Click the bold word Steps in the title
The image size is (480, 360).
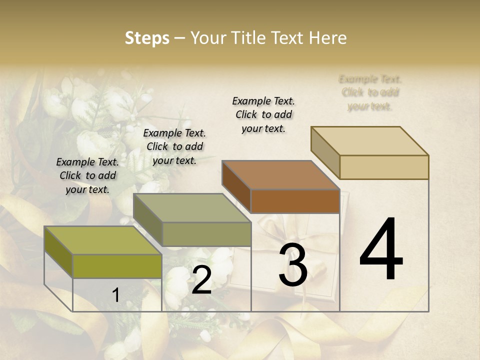147,38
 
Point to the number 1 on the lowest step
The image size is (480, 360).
115,295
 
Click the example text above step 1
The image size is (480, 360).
87,175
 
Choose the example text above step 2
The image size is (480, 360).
174,146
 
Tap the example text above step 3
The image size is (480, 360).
263,114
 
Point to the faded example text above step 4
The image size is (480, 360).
370,92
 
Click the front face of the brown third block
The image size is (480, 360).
295,201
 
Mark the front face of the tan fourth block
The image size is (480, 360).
384,167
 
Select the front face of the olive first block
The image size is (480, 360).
117,266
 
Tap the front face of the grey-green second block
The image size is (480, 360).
206,234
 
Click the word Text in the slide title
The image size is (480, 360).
287,38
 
